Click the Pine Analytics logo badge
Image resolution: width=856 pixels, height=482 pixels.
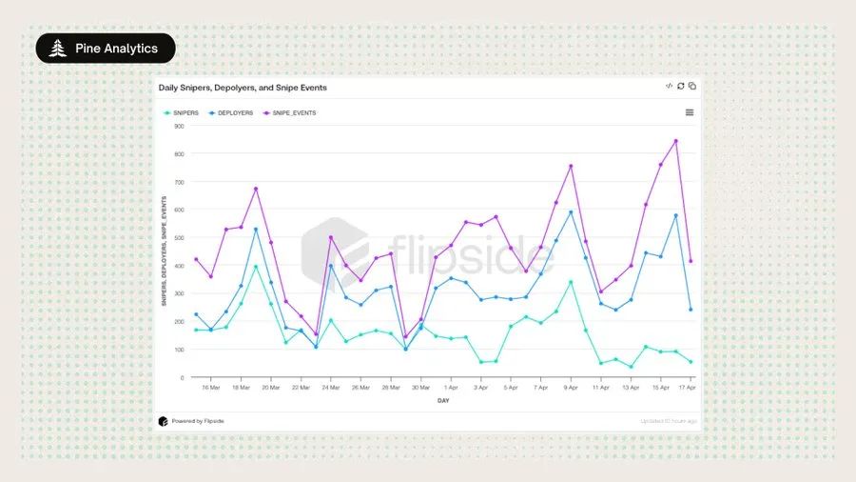click(105, 49)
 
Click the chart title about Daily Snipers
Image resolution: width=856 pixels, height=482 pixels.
click(243, 88)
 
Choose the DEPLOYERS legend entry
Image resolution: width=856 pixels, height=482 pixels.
click(231, 113)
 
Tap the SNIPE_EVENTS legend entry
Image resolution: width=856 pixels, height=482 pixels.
click(289, 113)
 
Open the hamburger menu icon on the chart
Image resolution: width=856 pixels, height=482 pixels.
click(690, 112)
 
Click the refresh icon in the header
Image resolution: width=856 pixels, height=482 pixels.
click(681, 87)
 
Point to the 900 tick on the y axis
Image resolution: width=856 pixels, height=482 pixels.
click(179, 127)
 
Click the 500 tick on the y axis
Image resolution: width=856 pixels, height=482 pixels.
click(179, 238)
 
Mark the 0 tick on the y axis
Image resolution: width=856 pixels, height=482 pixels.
click(182, 378)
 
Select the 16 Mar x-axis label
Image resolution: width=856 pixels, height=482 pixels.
click(211, 389)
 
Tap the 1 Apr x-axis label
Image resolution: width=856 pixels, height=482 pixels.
click(451, 389)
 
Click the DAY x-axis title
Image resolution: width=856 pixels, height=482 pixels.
click(443, 401)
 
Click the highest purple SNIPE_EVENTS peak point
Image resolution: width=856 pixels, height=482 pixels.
click(675, 141)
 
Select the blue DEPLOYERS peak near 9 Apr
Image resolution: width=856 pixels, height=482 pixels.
click(571, 212)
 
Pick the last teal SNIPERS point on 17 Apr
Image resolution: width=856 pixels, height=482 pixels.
click(691, 362)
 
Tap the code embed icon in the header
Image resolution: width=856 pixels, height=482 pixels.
click(669, 87)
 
